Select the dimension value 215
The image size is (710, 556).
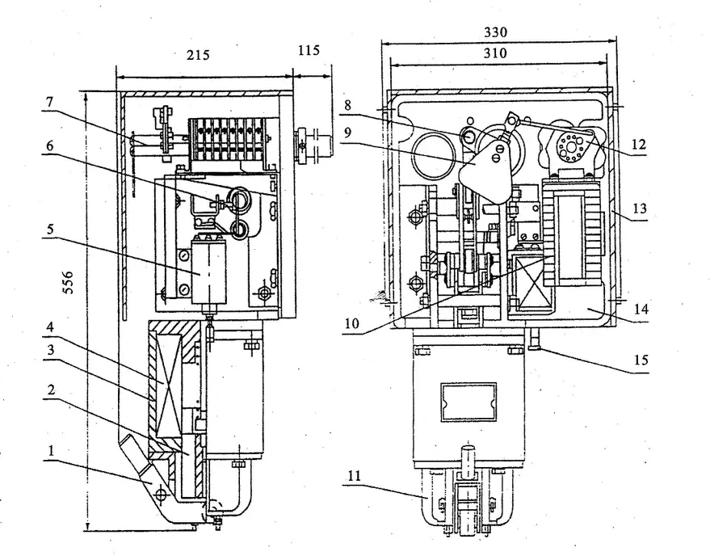(197, 56)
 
